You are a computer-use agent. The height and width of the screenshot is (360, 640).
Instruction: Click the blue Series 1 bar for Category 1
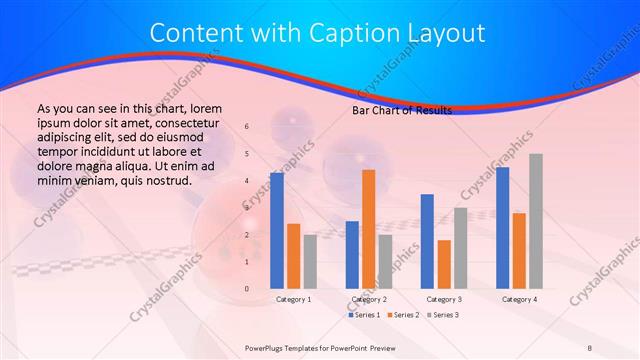(x=276, y=231)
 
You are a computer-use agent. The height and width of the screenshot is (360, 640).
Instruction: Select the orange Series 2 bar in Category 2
(x=368, y=229)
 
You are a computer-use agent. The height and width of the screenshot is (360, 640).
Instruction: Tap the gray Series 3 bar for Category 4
(x=536, y=221)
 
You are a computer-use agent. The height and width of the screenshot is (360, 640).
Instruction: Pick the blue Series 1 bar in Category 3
(x=427, y=241)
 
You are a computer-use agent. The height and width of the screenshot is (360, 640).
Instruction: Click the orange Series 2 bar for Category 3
(x=444, y=264)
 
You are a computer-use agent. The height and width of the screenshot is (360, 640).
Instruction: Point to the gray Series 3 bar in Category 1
(x=310, y=261)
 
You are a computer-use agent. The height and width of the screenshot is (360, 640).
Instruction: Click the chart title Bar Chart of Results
(x=401, y=110)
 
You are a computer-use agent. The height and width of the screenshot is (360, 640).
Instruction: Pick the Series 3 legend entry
(x=442, y=315)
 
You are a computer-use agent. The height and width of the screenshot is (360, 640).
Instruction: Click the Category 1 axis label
(x=293, y=299)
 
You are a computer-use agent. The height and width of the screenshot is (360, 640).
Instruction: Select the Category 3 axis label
(x=444, y=299)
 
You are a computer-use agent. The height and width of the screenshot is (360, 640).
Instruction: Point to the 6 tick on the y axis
(x=247, y=127)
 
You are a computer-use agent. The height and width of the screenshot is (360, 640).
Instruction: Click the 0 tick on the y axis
(x=247, y=289)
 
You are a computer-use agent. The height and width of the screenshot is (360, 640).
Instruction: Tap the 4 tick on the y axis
(x=247, y=181)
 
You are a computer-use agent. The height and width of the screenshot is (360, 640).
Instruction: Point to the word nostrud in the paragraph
(x=166, y=181)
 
